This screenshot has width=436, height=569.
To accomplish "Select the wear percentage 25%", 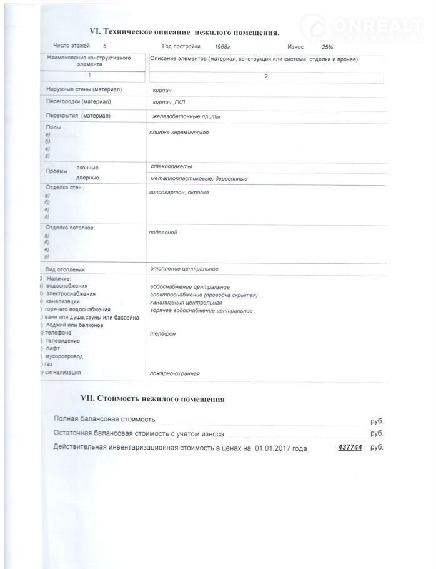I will [327, 47].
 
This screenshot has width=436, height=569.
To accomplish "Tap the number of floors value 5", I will [104, 46].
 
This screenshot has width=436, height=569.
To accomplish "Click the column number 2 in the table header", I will [266, 76].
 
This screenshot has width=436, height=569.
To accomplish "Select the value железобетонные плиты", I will [186, 116].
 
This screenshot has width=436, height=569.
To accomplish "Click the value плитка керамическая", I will [179, 133].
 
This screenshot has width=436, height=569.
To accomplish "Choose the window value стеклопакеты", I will [171, 166].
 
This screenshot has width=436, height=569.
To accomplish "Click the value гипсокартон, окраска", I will [179, 193].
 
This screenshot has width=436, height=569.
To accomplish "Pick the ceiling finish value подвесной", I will [164, 233].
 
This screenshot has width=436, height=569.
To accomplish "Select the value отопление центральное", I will [184, 269].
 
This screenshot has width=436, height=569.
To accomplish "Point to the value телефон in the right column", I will [163, 333].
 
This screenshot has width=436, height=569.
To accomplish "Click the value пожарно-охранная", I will [175, 373].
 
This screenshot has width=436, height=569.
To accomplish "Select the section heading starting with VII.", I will [152, 398].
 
